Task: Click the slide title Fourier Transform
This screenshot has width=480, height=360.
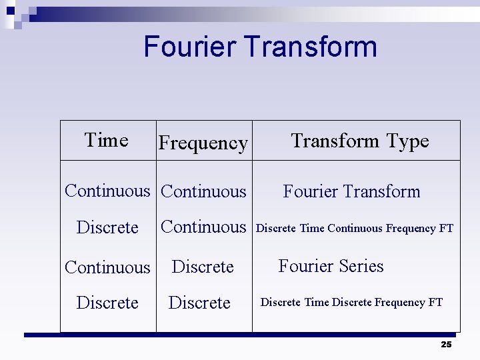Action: tap(260, 47)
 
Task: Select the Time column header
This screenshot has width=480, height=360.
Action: tap(107, 140)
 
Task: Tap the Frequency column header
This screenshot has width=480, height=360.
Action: tap(203, 143)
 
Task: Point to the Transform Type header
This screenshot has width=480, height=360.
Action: tap(360, 141)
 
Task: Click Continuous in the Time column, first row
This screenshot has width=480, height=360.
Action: tap(107, 191)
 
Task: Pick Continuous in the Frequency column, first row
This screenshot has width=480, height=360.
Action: tap(203, 192)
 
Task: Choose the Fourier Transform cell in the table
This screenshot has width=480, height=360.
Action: tap(351, 192)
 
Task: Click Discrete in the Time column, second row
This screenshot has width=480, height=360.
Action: tap(107, 227)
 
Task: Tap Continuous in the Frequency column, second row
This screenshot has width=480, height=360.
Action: tap(203, 227)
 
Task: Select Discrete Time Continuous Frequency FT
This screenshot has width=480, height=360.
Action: tap(355, 228)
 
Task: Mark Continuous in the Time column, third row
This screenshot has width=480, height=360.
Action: tap(107, 267)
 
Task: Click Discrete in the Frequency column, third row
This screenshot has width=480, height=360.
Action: tap(203, 267)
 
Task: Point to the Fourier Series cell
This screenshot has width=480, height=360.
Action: tap(331, 266)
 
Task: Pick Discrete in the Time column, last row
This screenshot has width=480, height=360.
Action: tap(107, 303)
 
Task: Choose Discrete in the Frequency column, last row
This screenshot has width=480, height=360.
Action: tap(199, 303)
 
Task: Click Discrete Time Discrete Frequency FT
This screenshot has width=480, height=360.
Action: tap(351, 303)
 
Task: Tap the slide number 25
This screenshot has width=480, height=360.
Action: tap(446, 344)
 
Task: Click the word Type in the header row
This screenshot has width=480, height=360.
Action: tap(407, 141)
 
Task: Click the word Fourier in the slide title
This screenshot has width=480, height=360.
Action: tap(191, 47)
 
